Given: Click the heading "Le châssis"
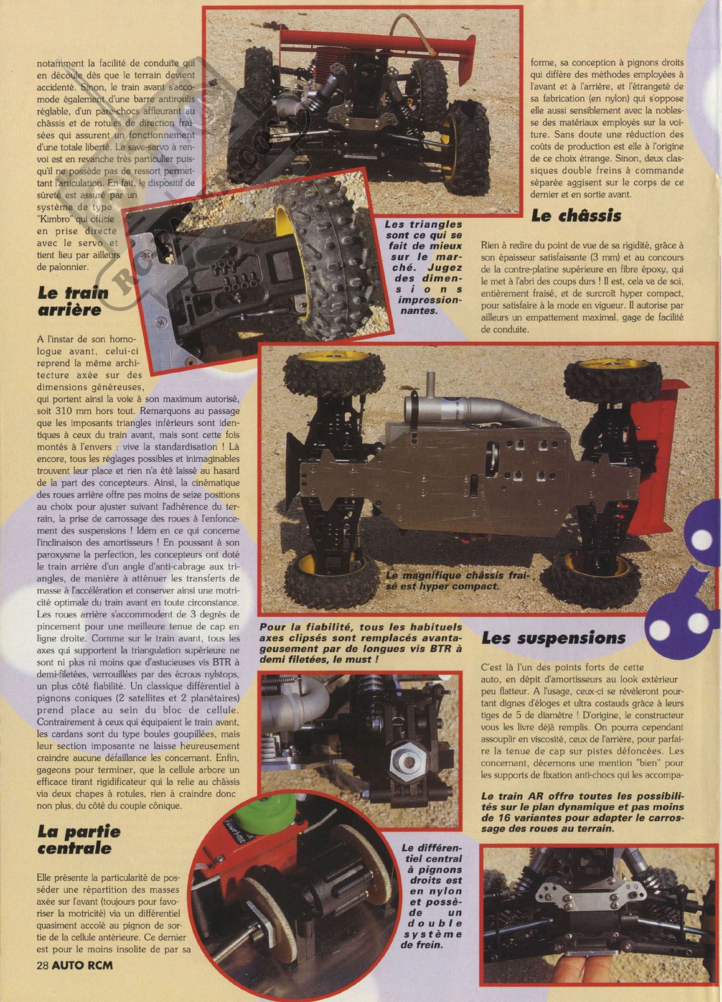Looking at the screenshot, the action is pos(576,215).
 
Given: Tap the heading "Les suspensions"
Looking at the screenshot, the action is pos(553,639).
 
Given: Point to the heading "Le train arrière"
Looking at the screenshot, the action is pos(73,301).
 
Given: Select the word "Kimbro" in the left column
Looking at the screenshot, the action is pos(54,219).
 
